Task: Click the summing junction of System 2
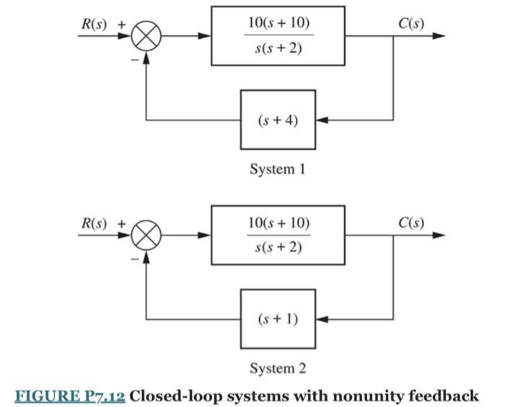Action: click(x=147, y=235)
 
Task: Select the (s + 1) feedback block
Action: click(x=278, y=318)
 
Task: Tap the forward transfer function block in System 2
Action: click(x=278, y=235)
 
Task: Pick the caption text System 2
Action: click(x=278, y=369)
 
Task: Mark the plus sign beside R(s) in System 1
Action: click(x=121, y=24)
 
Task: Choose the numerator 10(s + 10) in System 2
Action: click(x=278, y=223)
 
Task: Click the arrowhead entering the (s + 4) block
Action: click(x=322, y=119)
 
